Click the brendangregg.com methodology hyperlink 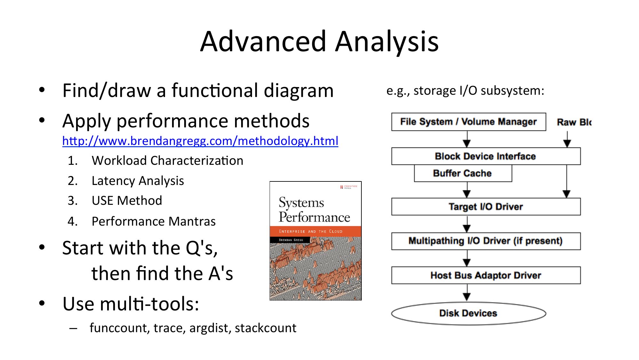click(200, 141)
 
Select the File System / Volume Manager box click(468, 122)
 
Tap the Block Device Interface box click(485, 156)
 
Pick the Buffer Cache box click(462, 173)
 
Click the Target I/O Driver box click(485, 207)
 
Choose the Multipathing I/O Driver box click(485, 241)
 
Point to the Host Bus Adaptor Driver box click(485, 275)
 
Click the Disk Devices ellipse click(468, 313)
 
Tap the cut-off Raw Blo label click(574, 122)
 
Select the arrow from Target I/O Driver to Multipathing click(467, 224)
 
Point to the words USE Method click(127, 201)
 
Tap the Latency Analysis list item click(138, 181)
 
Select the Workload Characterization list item click(167, 161)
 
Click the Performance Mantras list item click(154, 221)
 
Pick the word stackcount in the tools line click(265, 328)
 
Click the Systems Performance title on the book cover click(314, 210)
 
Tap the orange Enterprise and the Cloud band click(315, 231)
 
